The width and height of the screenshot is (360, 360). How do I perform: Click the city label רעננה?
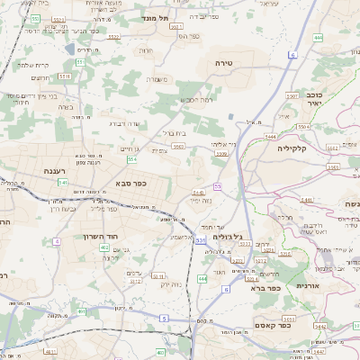pos(53,169)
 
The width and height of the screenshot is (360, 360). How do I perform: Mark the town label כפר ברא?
pos(286,289)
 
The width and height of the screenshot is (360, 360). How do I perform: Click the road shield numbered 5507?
pos(292,94)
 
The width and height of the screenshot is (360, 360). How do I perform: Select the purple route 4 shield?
pos(57,241)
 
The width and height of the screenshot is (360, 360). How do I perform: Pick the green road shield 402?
pos(104,247)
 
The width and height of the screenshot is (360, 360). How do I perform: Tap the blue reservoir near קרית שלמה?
pos(70,49)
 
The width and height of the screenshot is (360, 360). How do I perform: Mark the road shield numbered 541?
pos(63,182)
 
